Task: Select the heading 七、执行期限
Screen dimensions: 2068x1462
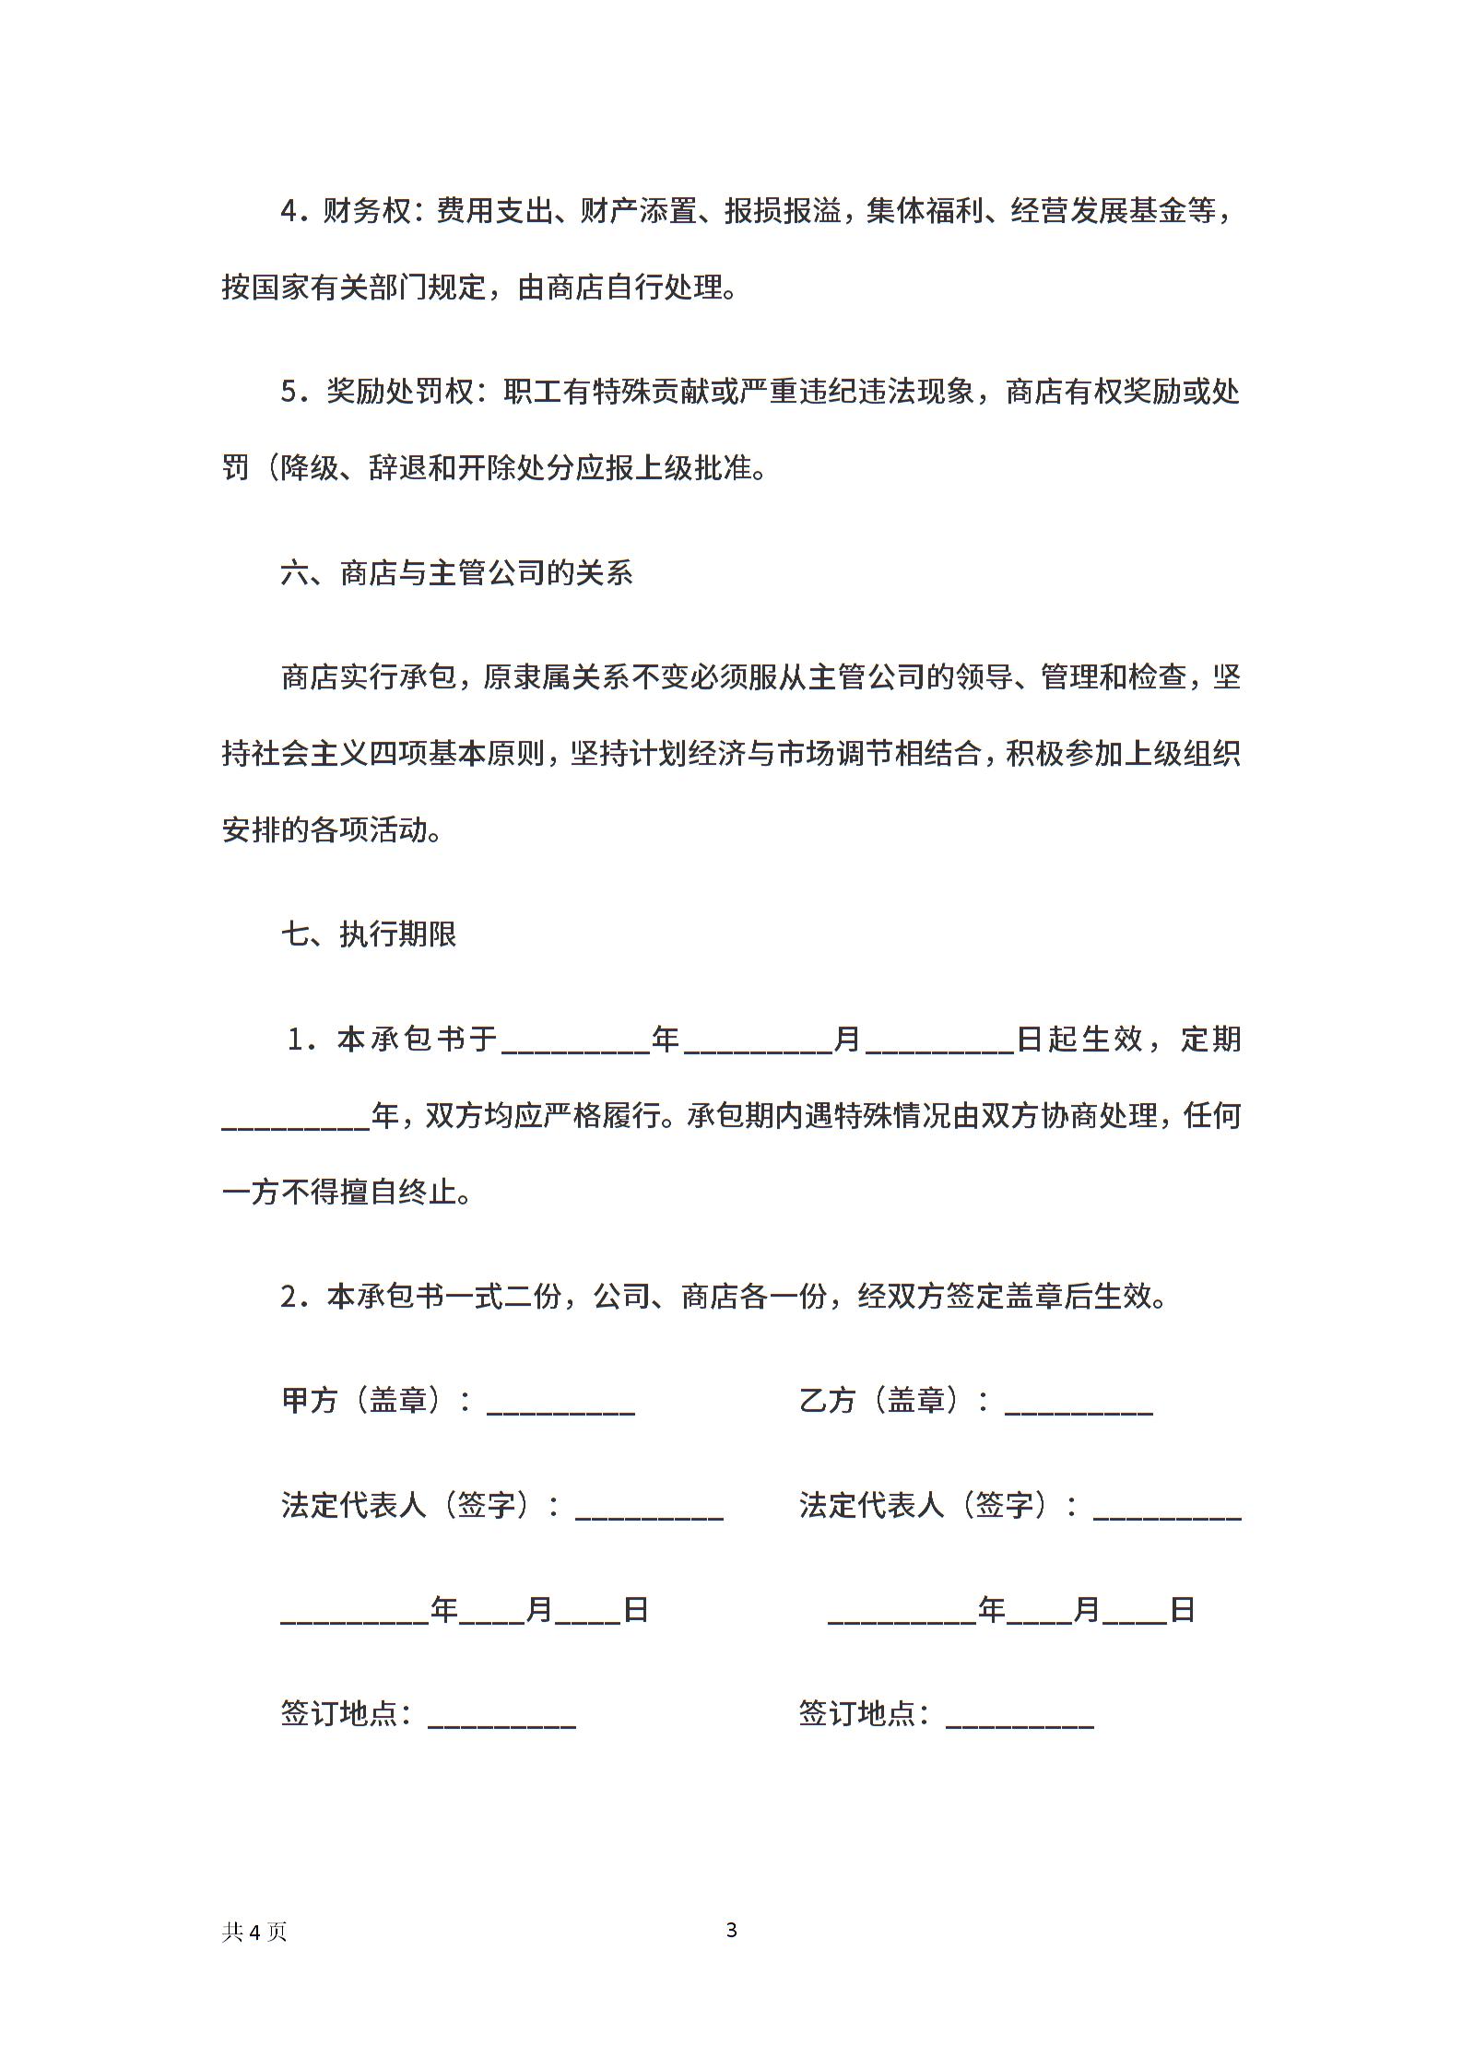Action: click(369, 934)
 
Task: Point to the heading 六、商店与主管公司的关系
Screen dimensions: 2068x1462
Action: click(457, 573)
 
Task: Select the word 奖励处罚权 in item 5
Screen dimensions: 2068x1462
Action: click(400, 393)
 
